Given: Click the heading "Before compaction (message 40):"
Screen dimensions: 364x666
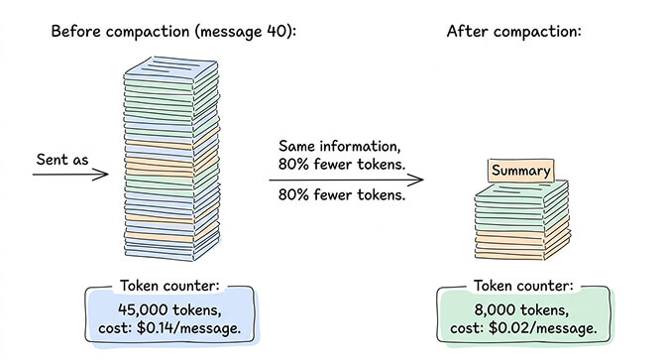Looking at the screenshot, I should (173, 31).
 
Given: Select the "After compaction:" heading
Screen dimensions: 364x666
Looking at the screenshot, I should (513, 31).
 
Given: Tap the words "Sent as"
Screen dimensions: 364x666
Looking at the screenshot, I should (64, 159).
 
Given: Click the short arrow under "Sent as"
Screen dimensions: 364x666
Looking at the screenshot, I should (69, 176).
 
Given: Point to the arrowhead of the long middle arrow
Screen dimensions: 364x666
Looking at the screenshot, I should (417, 181).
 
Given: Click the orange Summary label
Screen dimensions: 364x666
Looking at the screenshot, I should (520, 171).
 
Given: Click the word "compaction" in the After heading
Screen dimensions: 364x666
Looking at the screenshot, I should (535, 31).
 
